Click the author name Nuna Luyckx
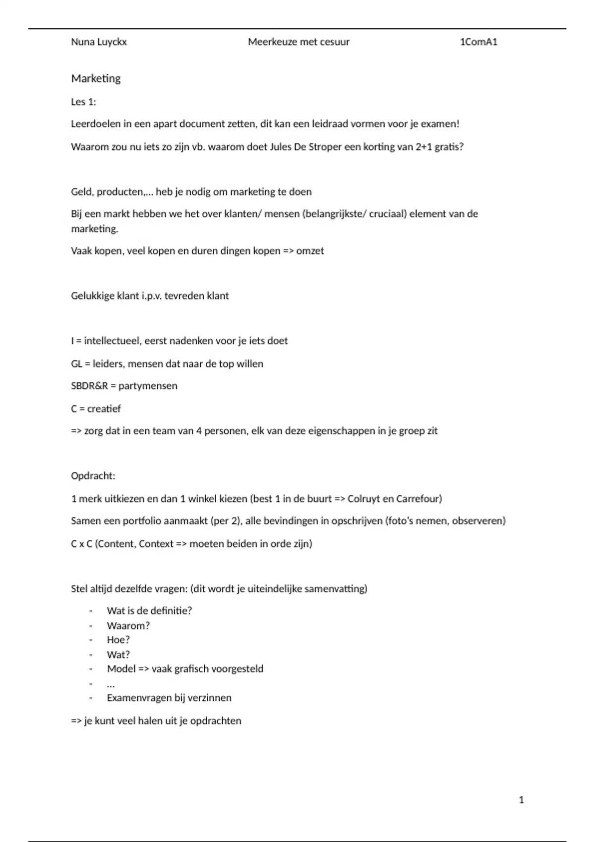click(99, 42)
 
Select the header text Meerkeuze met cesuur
click(298, 42)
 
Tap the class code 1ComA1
click(478, 42)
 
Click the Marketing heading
click(96, 78)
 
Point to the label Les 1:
click(83, 102)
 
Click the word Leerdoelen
click(96, 124)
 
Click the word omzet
click(310, 251)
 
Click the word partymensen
click(148, 386)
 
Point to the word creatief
click(104, 409)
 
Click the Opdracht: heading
click(93, 476)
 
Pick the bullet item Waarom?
click(128, 626)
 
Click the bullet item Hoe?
click(119, 640)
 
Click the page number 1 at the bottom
click(521, 800)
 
